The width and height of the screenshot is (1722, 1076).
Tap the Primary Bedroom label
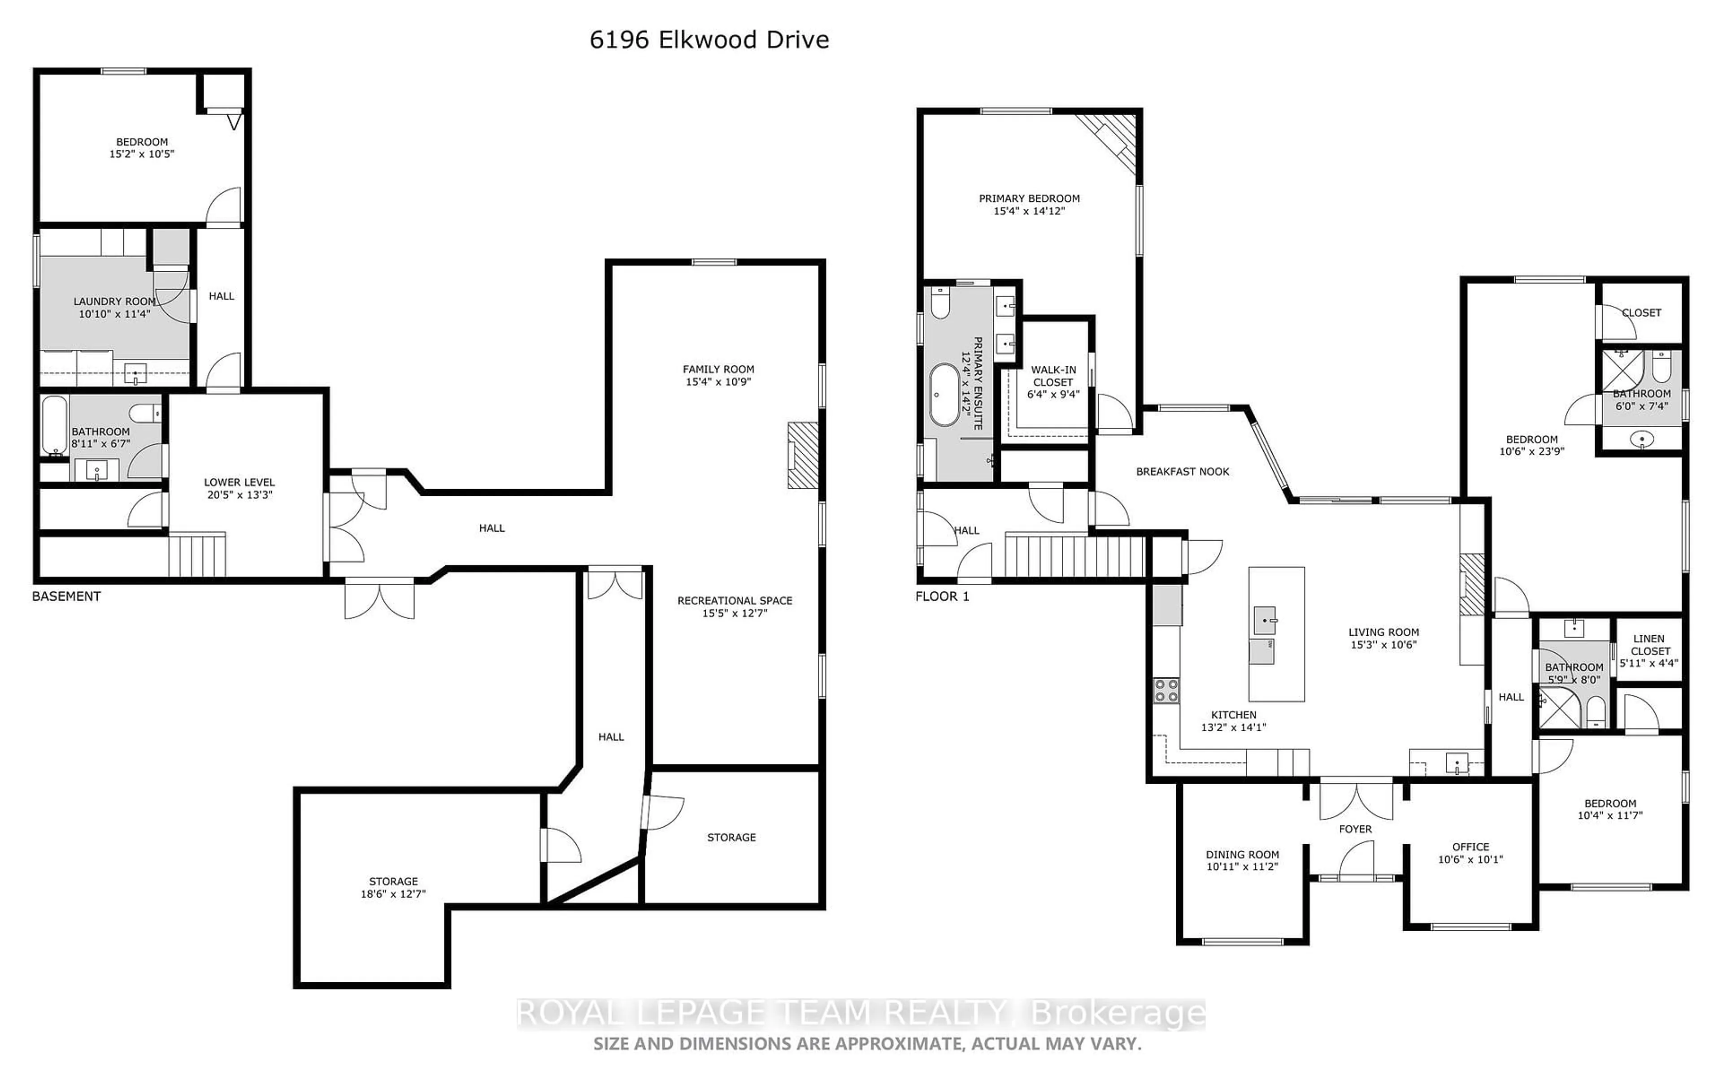click(1029, 199)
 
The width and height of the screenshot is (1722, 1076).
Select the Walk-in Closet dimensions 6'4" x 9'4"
click(1053, 394)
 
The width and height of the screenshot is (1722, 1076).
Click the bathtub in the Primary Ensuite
click(945, 395)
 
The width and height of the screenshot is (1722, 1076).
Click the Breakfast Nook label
click(1182, 472)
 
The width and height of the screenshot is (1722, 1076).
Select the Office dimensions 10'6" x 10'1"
click(1470, 859)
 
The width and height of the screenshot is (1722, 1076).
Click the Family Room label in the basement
click(718, 369)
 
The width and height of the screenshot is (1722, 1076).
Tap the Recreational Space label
click(735, 601)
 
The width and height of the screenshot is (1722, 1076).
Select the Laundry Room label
click(114, 302)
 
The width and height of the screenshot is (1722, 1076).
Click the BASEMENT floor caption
click(66, 596)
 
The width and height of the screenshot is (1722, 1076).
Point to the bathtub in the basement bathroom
click(54, 425)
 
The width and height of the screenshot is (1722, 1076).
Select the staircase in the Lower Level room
click(197, 556)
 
